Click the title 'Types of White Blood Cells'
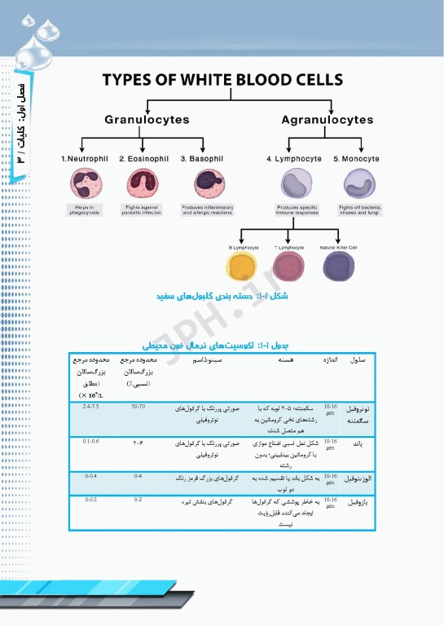(222, 81)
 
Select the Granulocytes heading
(147, 120)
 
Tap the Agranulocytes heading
(327, 120)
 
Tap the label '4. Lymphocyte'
(293, 158)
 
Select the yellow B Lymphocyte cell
(243, 267)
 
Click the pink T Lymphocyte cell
(289, 267)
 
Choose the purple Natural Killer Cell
(338, 267)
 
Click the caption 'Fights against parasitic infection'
(141, 210)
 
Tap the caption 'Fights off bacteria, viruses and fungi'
(358, 210)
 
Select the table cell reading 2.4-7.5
(90, 406)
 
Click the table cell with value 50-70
(138, 406)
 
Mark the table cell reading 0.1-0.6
(90, 441)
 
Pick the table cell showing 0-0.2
(90, 499)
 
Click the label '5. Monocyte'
(358, 158)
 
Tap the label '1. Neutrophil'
(85, 158)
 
